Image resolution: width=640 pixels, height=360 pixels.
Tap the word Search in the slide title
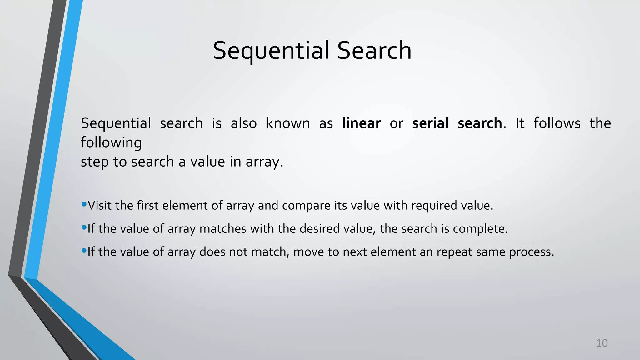point(374,51)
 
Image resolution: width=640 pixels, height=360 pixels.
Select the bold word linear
point(361,123)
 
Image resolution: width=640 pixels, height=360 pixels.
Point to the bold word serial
point(430,123)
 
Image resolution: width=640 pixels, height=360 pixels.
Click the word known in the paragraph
point(288,123)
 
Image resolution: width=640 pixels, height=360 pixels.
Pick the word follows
point(557,123)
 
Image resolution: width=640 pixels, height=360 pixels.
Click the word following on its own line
point(111,143)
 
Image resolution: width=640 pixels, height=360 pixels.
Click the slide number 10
point(602,343)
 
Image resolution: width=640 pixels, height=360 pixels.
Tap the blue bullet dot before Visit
point(84,204)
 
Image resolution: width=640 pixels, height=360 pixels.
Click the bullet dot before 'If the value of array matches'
point(84,227)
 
